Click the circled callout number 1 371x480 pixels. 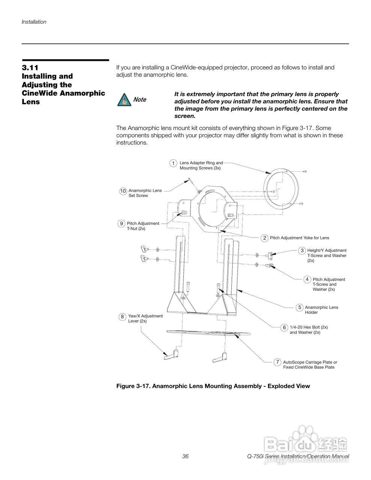tap(173, 163)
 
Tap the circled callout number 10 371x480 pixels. tap(123, 191)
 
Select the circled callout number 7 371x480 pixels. tap(277, 362)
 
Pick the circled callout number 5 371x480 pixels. tap(299, 307)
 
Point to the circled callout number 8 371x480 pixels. tap(122, 317)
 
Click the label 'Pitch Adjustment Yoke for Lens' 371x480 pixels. tap(299, 238)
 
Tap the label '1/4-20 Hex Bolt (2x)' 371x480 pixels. tap(309, 327)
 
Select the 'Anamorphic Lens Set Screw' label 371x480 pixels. tap(145, 193)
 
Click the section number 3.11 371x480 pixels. tap(30, 68)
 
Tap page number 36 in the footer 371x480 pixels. tap(185, 456)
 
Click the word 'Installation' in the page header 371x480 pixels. tap(34, 22)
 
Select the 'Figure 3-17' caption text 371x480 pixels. tap(213, 386)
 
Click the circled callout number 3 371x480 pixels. tap(302, 250)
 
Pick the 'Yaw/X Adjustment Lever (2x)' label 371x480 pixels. tap(145, 318)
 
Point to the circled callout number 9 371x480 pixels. tap(122, 224)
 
